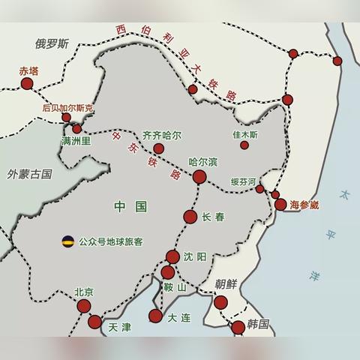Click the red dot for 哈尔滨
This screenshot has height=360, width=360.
coord(199,177)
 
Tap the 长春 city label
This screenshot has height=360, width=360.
coord(213,217)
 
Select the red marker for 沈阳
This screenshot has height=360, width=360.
coord(173,256)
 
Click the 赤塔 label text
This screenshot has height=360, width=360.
coord(28,71)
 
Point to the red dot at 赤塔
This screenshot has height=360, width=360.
coord(27,85)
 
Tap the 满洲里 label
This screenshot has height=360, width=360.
coord(75,141)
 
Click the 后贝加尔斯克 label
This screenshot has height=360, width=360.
coord(67,108)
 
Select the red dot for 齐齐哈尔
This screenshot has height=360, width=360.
coord(158,148)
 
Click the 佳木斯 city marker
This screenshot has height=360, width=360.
coord(244,145)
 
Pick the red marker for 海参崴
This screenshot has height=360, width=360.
coord(280,204)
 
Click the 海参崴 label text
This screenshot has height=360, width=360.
coord(304,204)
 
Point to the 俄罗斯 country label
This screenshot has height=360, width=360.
coord(51,43)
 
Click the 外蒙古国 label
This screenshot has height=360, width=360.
coord(30,174)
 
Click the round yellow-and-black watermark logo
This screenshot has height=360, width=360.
coord(68,241)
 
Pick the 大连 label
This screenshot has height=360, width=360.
coord(179,318)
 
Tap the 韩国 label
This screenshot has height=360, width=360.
coord(259,323)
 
